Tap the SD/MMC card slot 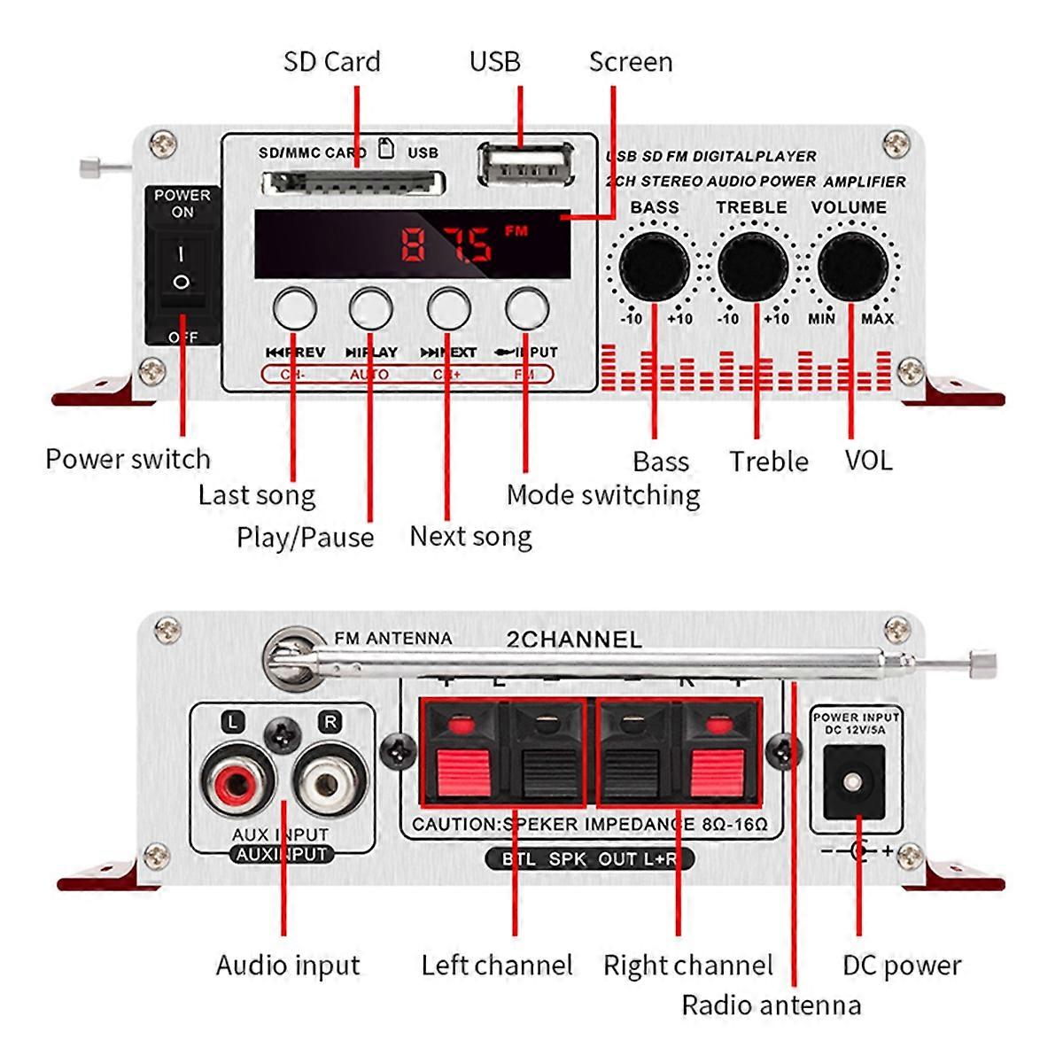[x=353, y=184]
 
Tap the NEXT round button [x=448, y=309]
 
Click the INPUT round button [x=526, y=309]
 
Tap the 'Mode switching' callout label [x=603, y=495]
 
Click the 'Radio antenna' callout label [x=771, y=1005]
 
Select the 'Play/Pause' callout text [x=305, y=538]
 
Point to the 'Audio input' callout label [x=288, y=965]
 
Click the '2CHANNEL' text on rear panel [x=573, y=640]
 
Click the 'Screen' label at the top [x=631, y=62]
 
